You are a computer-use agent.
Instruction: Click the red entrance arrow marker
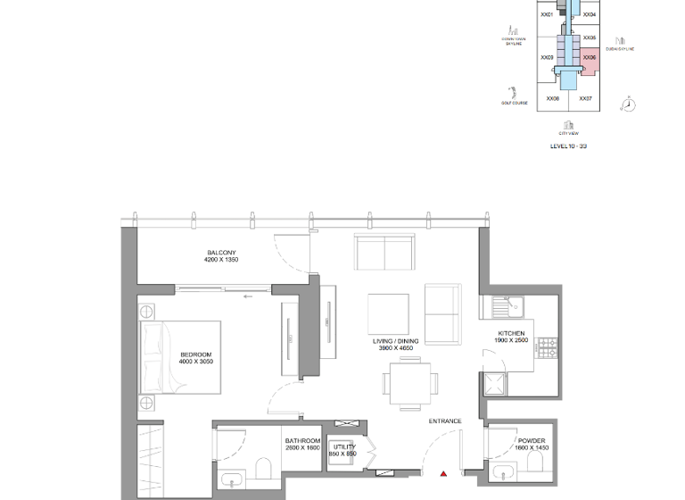pos(443,474)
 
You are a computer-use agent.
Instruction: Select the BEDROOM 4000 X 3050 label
pos(195,358)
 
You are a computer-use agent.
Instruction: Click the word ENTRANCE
pos(444,421)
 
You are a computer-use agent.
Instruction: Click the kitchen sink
pos(508,306)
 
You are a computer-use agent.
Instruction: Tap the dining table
pos(412,381)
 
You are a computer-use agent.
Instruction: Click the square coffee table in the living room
pos(388,312)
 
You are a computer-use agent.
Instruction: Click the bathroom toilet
pos(263,467)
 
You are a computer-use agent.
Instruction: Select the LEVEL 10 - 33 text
pos(568,145)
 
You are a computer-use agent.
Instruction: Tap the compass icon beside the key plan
pos(629,104)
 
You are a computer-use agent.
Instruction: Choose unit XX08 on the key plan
pos(552,99)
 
